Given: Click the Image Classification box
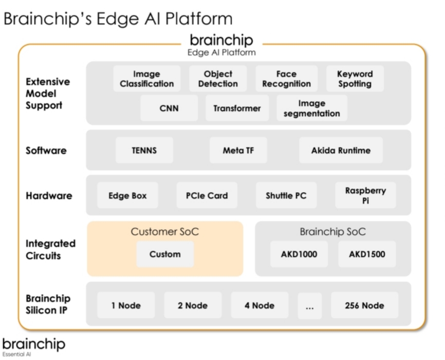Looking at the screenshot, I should (147, 79).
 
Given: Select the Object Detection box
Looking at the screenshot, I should (218, 79).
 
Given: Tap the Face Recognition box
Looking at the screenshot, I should (286, 79).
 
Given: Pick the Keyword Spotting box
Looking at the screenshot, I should (355, 79).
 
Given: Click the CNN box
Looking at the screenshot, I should (169, 108).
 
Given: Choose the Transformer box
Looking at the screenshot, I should (237, 108).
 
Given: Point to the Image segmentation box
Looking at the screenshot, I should (312, 108).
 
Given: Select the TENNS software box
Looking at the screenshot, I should (144, 150).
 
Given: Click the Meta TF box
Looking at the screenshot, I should (238, 150).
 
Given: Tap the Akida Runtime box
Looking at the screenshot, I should (340, 150).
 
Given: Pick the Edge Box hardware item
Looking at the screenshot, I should (127, 196).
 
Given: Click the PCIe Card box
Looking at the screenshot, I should (207, 196).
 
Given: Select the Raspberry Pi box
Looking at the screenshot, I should (365, 195).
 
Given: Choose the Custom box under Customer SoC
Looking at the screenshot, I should (165, 254).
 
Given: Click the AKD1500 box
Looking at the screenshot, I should (367, 254).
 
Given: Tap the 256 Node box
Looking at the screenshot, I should (364, 306).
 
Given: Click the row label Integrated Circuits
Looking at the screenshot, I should (50, 249).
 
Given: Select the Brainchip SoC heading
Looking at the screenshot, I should (332, 232).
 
